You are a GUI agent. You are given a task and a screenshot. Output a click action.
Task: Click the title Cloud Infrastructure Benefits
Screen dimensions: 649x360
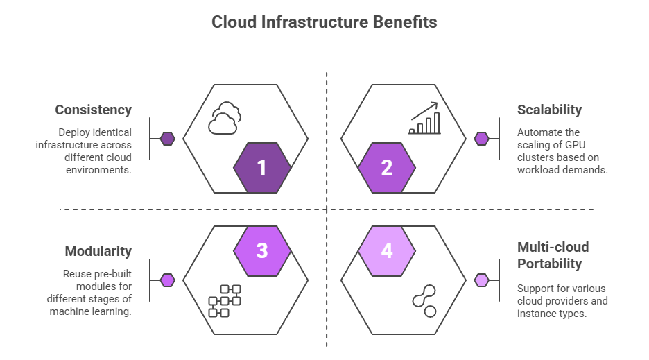tap(324, 22)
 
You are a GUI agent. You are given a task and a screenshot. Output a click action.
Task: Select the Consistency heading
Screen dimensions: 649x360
tap(93, 110)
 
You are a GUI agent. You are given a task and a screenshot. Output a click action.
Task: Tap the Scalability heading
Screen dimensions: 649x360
tap(549, 110)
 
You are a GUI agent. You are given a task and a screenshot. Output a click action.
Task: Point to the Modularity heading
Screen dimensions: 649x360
tap(98, 251)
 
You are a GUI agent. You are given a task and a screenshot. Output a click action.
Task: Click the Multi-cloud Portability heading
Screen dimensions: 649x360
tap(553, 255)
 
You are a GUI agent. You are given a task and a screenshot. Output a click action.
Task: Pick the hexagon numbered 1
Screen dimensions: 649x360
tap(262, 168)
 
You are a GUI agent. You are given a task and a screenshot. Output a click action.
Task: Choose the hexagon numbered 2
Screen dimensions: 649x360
tap(387, 168)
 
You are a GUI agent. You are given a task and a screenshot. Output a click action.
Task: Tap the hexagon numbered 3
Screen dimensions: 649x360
tap(262, 251)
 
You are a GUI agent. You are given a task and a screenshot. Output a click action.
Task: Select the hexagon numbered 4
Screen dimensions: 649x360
tap(387, 251)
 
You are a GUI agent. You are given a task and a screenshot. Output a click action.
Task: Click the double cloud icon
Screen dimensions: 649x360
tap(225, 118)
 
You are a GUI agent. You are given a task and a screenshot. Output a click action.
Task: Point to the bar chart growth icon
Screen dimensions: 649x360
tap(424, 118)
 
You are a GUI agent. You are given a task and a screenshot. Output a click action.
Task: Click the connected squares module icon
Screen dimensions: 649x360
tap(225, 301)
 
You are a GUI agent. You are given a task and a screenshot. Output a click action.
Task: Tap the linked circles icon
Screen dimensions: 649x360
tap(424, 301)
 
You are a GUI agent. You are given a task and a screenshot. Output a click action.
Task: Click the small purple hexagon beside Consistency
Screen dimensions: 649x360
tap(167, 139)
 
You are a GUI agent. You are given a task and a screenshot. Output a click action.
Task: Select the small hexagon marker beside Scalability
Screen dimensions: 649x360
tap(481, 139)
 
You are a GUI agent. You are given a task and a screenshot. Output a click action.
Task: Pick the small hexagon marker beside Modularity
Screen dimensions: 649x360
tap(167, 280)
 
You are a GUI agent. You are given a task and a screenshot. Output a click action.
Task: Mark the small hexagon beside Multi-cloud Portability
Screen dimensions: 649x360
tap(481, 280)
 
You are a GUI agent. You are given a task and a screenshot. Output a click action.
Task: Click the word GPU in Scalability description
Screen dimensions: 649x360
tap(575, 145)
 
